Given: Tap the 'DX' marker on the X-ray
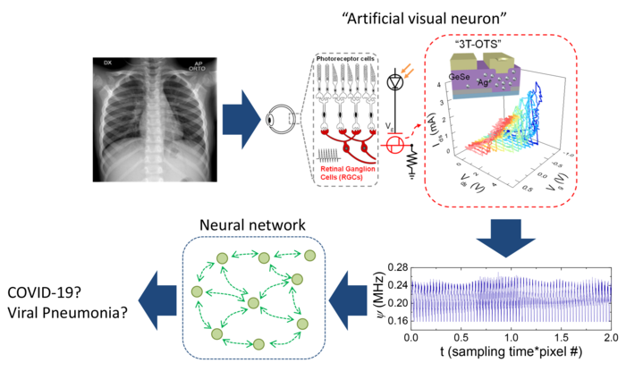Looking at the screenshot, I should (106, 63).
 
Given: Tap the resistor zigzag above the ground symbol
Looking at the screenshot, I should (413, 161).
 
